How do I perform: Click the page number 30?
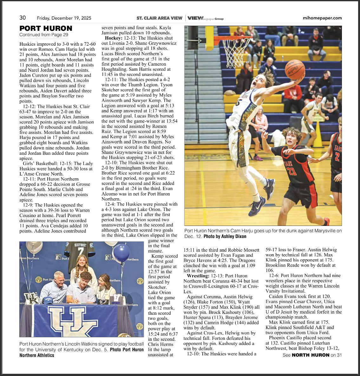point(23,18)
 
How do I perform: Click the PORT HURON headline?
point(46,29)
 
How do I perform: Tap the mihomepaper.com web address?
point(322,18)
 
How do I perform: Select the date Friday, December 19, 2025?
point(64,18)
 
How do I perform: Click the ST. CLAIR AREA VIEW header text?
point(159,18)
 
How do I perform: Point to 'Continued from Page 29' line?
point(44,35)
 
